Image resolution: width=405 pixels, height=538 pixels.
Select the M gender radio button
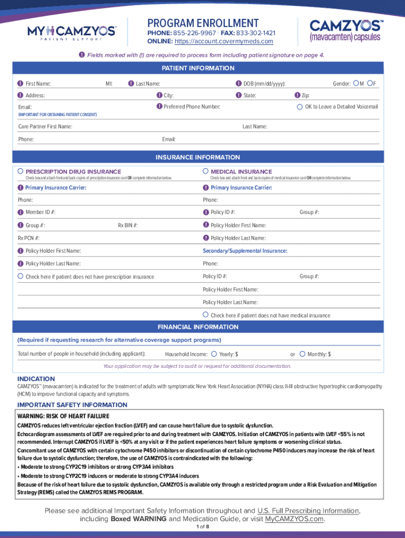[357, 83]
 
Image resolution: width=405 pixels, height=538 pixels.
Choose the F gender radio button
[370, 83]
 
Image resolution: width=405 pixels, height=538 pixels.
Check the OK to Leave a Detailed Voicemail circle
[300, 107]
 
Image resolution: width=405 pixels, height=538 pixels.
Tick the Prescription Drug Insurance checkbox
[21, 171]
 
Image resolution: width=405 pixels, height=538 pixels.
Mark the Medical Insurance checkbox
[206, 171]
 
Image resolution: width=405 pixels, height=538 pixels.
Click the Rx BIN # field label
[128, 225]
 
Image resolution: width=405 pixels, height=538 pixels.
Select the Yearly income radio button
[214, 354]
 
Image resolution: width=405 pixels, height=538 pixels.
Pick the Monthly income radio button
[302, 354]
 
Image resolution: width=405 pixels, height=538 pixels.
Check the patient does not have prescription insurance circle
[21, 276]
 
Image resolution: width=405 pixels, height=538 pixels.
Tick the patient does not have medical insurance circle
[206, 315]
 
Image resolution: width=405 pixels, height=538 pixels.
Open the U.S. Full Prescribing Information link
[308, 511]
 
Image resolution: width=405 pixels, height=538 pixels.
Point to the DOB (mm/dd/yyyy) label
[264, 84]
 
